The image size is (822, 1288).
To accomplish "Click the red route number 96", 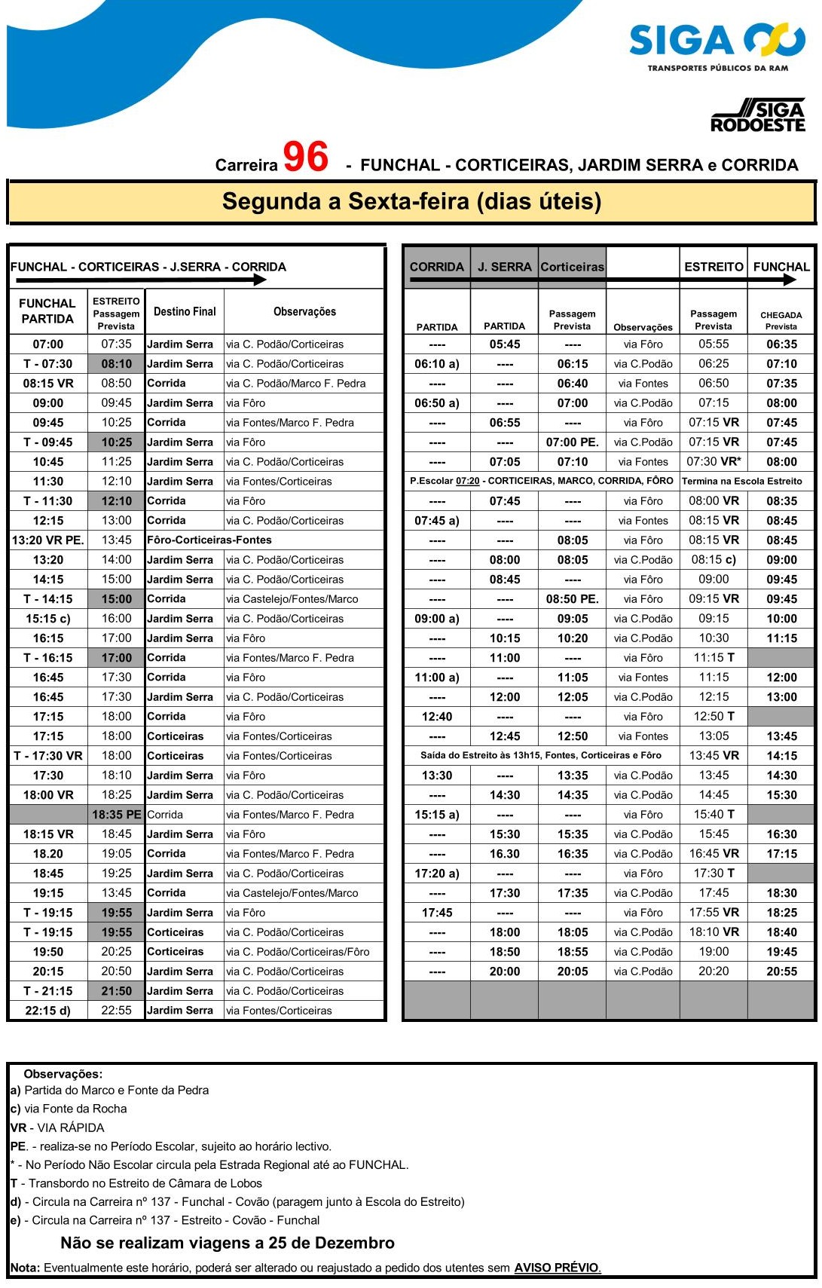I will [305, 158].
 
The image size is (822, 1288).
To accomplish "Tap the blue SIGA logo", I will [717, 41].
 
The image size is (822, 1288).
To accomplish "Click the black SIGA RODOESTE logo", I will [758, 116].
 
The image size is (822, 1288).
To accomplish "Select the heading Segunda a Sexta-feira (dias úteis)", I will [411, 202].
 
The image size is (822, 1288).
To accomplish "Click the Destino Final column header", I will [185, 311].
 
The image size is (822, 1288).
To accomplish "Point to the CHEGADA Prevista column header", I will [781, 320].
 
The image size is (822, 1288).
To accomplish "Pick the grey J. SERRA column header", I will [504, 267].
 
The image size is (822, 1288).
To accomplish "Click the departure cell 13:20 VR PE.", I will [48, 540].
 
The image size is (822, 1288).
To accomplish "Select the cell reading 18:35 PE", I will [116, 814].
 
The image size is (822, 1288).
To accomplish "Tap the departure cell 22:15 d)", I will [48, 1010].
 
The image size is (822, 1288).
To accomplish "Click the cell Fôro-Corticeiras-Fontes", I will [209, 540].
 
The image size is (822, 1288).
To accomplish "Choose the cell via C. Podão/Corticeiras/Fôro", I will [298, 951].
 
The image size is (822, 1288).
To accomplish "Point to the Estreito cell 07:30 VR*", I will [714, 461].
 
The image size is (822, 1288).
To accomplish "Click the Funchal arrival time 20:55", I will [781, 971].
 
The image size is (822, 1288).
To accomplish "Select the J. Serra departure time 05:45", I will [504, 344].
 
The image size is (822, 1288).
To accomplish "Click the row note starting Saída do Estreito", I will [541, 755].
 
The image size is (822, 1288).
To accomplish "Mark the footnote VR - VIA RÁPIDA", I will [57, 1127].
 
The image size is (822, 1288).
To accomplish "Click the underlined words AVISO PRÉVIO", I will [558, 1268].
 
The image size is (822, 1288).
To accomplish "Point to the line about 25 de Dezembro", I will [228, 1243].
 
